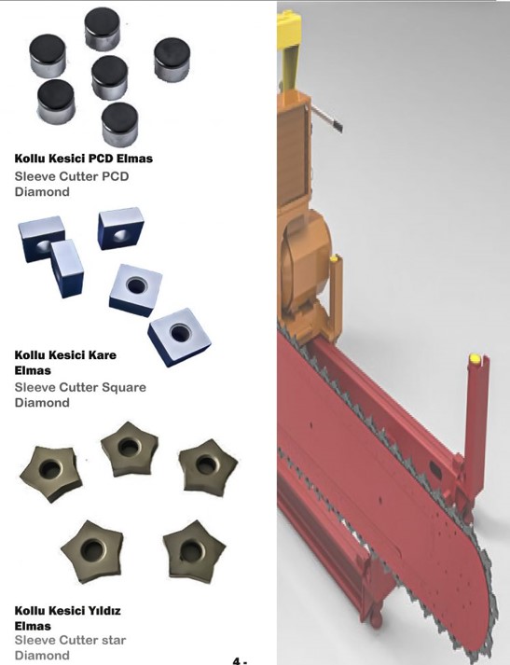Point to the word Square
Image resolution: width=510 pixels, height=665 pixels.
126,388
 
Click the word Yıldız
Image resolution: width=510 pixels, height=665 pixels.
103,611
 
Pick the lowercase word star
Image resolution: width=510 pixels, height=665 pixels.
115,640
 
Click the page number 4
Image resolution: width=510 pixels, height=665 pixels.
237,660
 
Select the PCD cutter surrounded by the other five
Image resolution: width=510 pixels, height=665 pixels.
110,76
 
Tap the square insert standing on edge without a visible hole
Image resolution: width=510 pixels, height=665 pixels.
67,269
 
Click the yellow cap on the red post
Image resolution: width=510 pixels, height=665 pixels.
475,359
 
